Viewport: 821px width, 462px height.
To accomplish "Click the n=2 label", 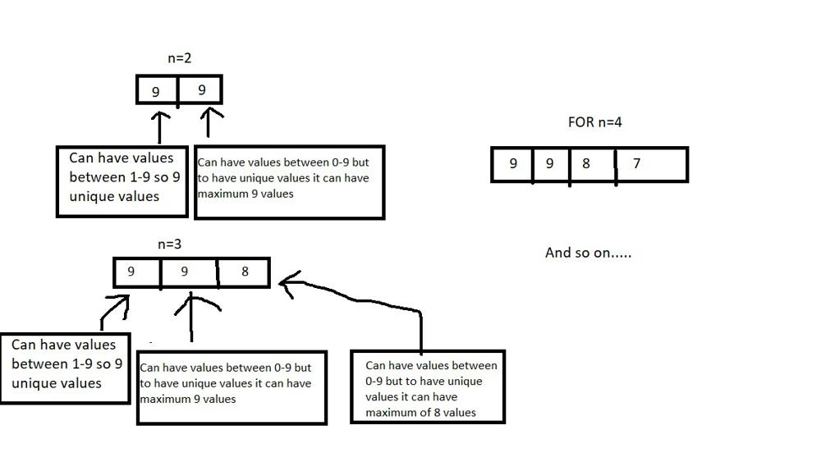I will click(178, 58).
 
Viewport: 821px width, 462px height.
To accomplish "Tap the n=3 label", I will click(170, 245).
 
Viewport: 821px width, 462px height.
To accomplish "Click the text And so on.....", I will click(588, 253).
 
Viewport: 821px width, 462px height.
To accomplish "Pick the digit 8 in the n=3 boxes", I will click(245, 272).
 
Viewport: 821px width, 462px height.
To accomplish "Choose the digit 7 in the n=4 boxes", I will click(636, 163).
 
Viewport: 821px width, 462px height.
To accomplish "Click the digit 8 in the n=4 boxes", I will click(585, 163).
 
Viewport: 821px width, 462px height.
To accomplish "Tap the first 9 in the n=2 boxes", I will click(156, 91).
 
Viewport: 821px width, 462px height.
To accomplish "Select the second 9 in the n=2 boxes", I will click(202, 89).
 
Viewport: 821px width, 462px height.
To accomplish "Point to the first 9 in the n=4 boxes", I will click(513, 163).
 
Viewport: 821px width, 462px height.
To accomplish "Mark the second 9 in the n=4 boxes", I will click(549, 163).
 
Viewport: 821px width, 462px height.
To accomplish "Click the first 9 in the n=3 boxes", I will click(131, 271).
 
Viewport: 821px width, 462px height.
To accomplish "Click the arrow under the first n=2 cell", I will click(158, 127).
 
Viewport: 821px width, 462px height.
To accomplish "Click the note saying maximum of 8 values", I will click(427, 388).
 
